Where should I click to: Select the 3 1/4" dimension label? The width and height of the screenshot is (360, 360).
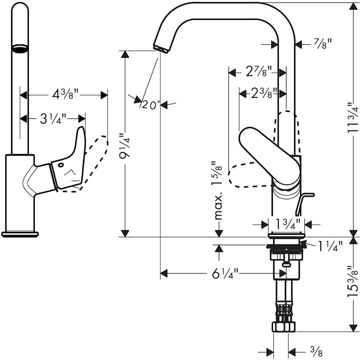53,119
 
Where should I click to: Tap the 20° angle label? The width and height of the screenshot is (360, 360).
150,105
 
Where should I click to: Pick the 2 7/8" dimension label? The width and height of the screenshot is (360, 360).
258,72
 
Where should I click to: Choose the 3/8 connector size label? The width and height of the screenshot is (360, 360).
316,352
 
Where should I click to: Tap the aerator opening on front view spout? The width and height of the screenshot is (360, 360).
20,49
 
